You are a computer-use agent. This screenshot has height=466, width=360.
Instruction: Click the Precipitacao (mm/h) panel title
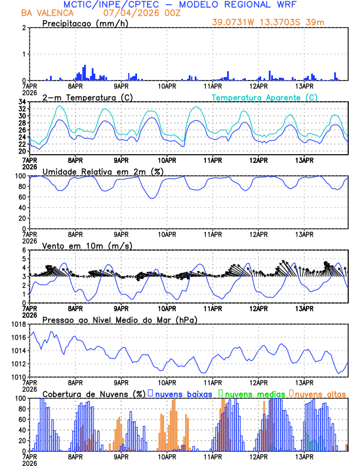pyautogui.click(x=85, y=23)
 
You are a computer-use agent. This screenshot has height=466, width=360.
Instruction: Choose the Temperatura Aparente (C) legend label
pyautogui.click(x=264, y=97)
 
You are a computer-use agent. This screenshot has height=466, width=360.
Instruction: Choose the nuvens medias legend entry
pyautogui.click(x=252, y=394)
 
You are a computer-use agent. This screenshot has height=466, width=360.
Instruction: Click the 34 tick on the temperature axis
pyautogui.click(x=21, y=102)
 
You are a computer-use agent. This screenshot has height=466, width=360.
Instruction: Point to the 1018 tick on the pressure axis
pyautogui.click(x=18, y=324)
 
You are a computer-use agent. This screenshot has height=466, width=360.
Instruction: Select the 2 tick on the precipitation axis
pyautogui.click(x=24, y=28)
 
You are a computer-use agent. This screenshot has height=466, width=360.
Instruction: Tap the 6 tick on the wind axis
pyautogui.click(x=24, y=251)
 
